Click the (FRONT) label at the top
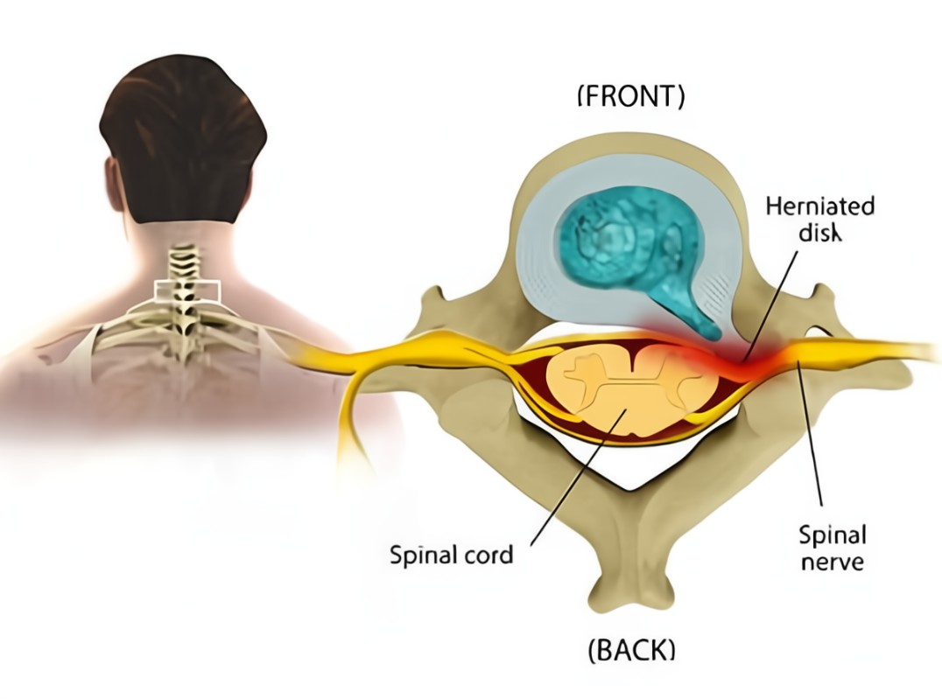(629, 96)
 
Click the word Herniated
(819, 207)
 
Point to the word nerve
(831, 560)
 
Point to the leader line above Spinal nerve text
(812, 437)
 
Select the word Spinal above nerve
(833, 535)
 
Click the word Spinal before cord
(418, 555)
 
